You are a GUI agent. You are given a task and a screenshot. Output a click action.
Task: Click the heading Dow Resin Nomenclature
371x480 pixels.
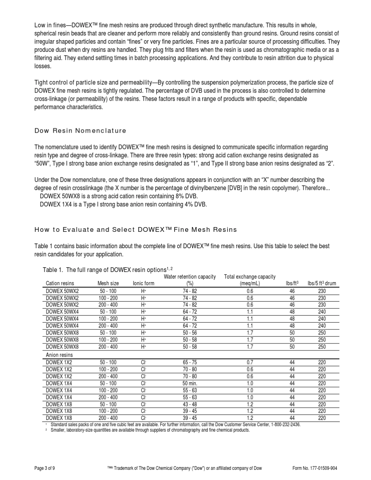pyautogui.click(x=80, y=131)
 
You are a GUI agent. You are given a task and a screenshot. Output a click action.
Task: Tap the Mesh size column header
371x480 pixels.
pyautogui.click(x=108, y=283)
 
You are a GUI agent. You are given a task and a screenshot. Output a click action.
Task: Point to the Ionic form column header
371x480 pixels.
pyautogui.click(x=144, y=283)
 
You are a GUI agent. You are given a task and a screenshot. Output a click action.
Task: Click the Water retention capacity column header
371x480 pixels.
pyautogui.click(x=190, y=280)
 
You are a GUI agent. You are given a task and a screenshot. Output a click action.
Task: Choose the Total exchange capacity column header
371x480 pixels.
pyautogui.click(x=250, y=280)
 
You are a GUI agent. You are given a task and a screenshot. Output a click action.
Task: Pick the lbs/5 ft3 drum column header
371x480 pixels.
pyautogui.click(x=322, y=283)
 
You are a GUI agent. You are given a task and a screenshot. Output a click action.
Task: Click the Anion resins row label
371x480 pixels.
pyautogui.click(x=59, y=355)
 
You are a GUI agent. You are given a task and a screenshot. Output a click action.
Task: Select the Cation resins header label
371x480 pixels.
pyautogui.click(x=60, y=283)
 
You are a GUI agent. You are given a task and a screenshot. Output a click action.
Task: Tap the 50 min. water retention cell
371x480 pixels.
pyautogui.click(x=190, y=383)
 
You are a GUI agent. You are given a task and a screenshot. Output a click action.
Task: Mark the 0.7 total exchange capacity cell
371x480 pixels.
pyautogui.click(x=250, y=362)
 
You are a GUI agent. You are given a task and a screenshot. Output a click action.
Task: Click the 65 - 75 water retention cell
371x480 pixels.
pyautogui.click(x=190, y=362)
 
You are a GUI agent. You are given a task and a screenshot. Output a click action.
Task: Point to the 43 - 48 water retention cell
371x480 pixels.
pyautogui.click(x=190, y=404)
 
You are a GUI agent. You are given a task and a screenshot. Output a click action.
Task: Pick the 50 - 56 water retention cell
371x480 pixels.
pyautogui.click(x=190, y=333)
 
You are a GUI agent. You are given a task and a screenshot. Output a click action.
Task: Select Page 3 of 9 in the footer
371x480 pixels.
pyautogui.click(x=45, y=468)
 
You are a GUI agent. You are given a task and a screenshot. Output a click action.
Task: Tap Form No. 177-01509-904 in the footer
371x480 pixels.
pyautogui.click(x=315, y=468)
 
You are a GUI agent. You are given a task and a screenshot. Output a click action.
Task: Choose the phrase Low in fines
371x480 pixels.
pyautogui.click(x=50, y=25)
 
